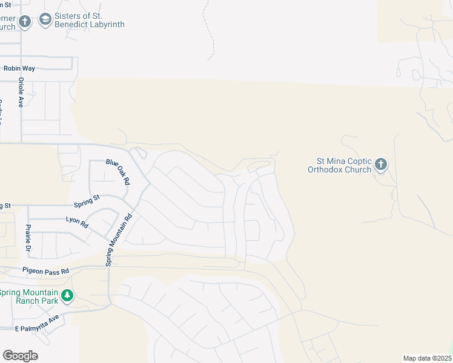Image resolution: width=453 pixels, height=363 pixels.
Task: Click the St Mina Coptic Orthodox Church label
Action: pos(344,165)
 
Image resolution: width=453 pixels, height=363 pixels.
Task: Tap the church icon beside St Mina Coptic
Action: pos(380,164)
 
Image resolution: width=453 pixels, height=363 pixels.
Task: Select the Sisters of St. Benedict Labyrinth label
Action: pos(89,20)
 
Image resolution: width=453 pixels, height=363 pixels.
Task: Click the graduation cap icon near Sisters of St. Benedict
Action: pos(45,21)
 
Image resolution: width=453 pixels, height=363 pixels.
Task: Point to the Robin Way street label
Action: pos(16,69)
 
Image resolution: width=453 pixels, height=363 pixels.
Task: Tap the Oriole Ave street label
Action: pos(21,93)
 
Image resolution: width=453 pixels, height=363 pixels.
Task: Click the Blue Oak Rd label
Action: pos(118,171)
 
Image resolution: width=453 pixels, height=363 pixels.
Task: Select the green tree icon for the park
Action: pos(68,296)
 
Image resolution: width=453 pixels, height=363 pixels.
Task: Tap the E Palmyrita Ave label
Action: pos(36,323)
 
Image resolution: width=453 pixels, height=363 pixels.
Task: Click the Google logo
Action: pos(20,356)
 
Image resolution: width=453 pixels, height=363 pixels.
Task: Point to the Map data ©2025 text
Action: pos(426,358)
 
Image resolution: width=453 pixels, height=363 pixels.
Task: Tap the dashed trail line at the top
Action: pos(211,36)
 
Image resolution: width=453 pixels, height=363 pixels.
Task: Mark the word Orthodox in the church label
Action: pos(326,169)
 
